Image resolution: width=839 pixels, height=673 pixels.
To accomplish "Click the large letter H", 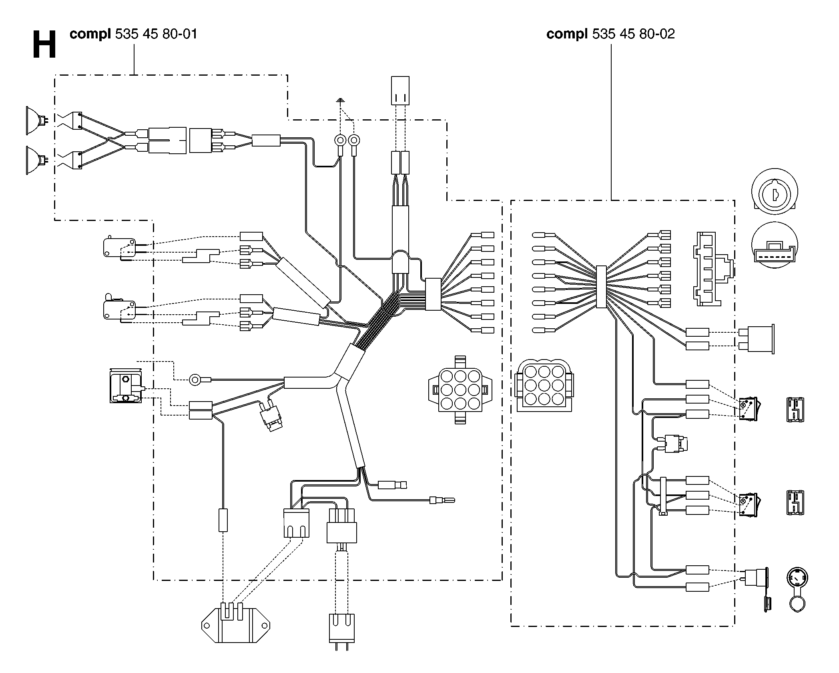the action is point(44,45).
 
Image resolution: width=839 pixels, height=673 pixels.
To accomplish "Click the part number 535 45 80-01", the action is point(157,34).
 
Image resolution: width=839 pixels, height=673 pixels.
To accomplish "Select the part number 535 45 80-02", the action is point(633,34).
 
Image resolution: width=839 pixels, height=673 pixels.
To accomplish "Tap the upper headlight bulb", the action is point(37,121).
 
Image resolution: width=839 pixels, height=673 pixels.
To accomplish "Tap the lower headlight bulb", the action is point(37,160).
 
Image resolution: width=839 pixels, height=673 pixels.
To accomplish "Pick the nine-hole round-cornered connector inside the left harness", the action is point(460,390).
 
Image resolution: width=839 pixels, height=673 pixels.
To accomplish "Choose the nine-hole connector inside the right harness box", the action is point(544,385).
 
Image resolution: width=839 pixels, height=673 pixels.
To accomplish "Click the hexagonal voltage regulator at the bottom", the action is point(236,625).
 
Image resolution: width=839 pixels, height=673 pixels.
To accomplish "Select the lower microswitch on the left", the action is point(120,308).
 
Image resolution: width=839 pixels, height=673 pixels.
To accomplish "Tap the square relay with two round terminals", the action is point(126,386).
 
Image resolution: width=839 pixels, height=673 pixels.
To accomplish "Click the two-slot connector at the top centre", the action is point(400,90).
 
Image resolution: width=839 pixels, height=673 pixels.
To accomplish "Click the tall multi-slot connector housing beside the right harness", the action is point(713,269).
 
